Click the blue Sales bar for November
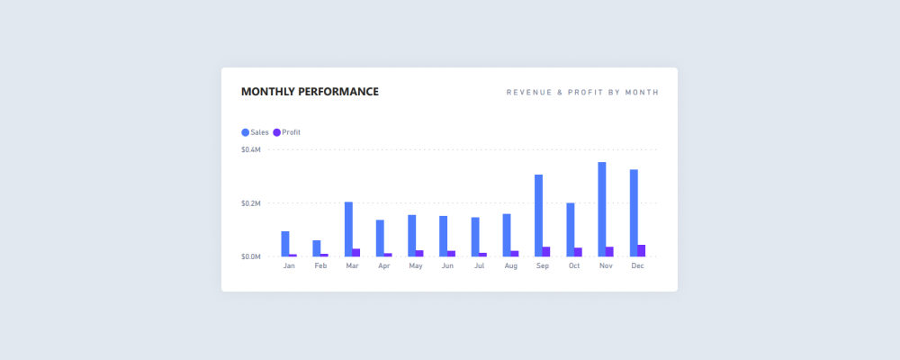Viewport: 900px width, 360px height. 602,209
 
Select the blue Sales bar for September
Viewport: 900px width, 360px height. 538,215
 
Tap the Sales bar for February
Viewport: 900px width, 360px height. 317,247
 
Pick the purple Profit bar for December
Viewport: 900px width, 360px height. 642,250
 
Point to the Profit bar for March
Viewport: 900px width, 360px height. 356,252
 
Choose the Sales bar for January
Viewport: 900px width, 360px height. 285,243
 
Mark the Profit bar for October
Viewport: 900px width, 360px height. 578,252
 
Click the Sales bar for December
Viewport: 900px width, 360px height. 634,212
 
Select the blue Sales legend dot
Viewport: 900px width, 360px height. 246,132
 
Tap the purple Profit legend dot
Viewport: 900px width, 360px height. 277,132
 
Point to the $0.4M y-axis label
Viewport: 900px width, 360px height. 251,149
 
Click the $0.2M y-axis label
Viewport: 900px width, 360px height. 251,203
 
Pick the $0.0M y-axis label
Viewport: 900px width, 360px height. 251,256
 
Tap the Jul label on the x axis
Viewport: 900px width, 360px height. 479,266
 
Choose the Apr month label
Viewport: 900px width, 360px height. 384,266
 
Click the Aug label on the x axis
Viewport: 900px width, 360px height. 511,266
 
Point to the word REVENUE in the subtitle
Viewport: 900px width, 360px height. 528,92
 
